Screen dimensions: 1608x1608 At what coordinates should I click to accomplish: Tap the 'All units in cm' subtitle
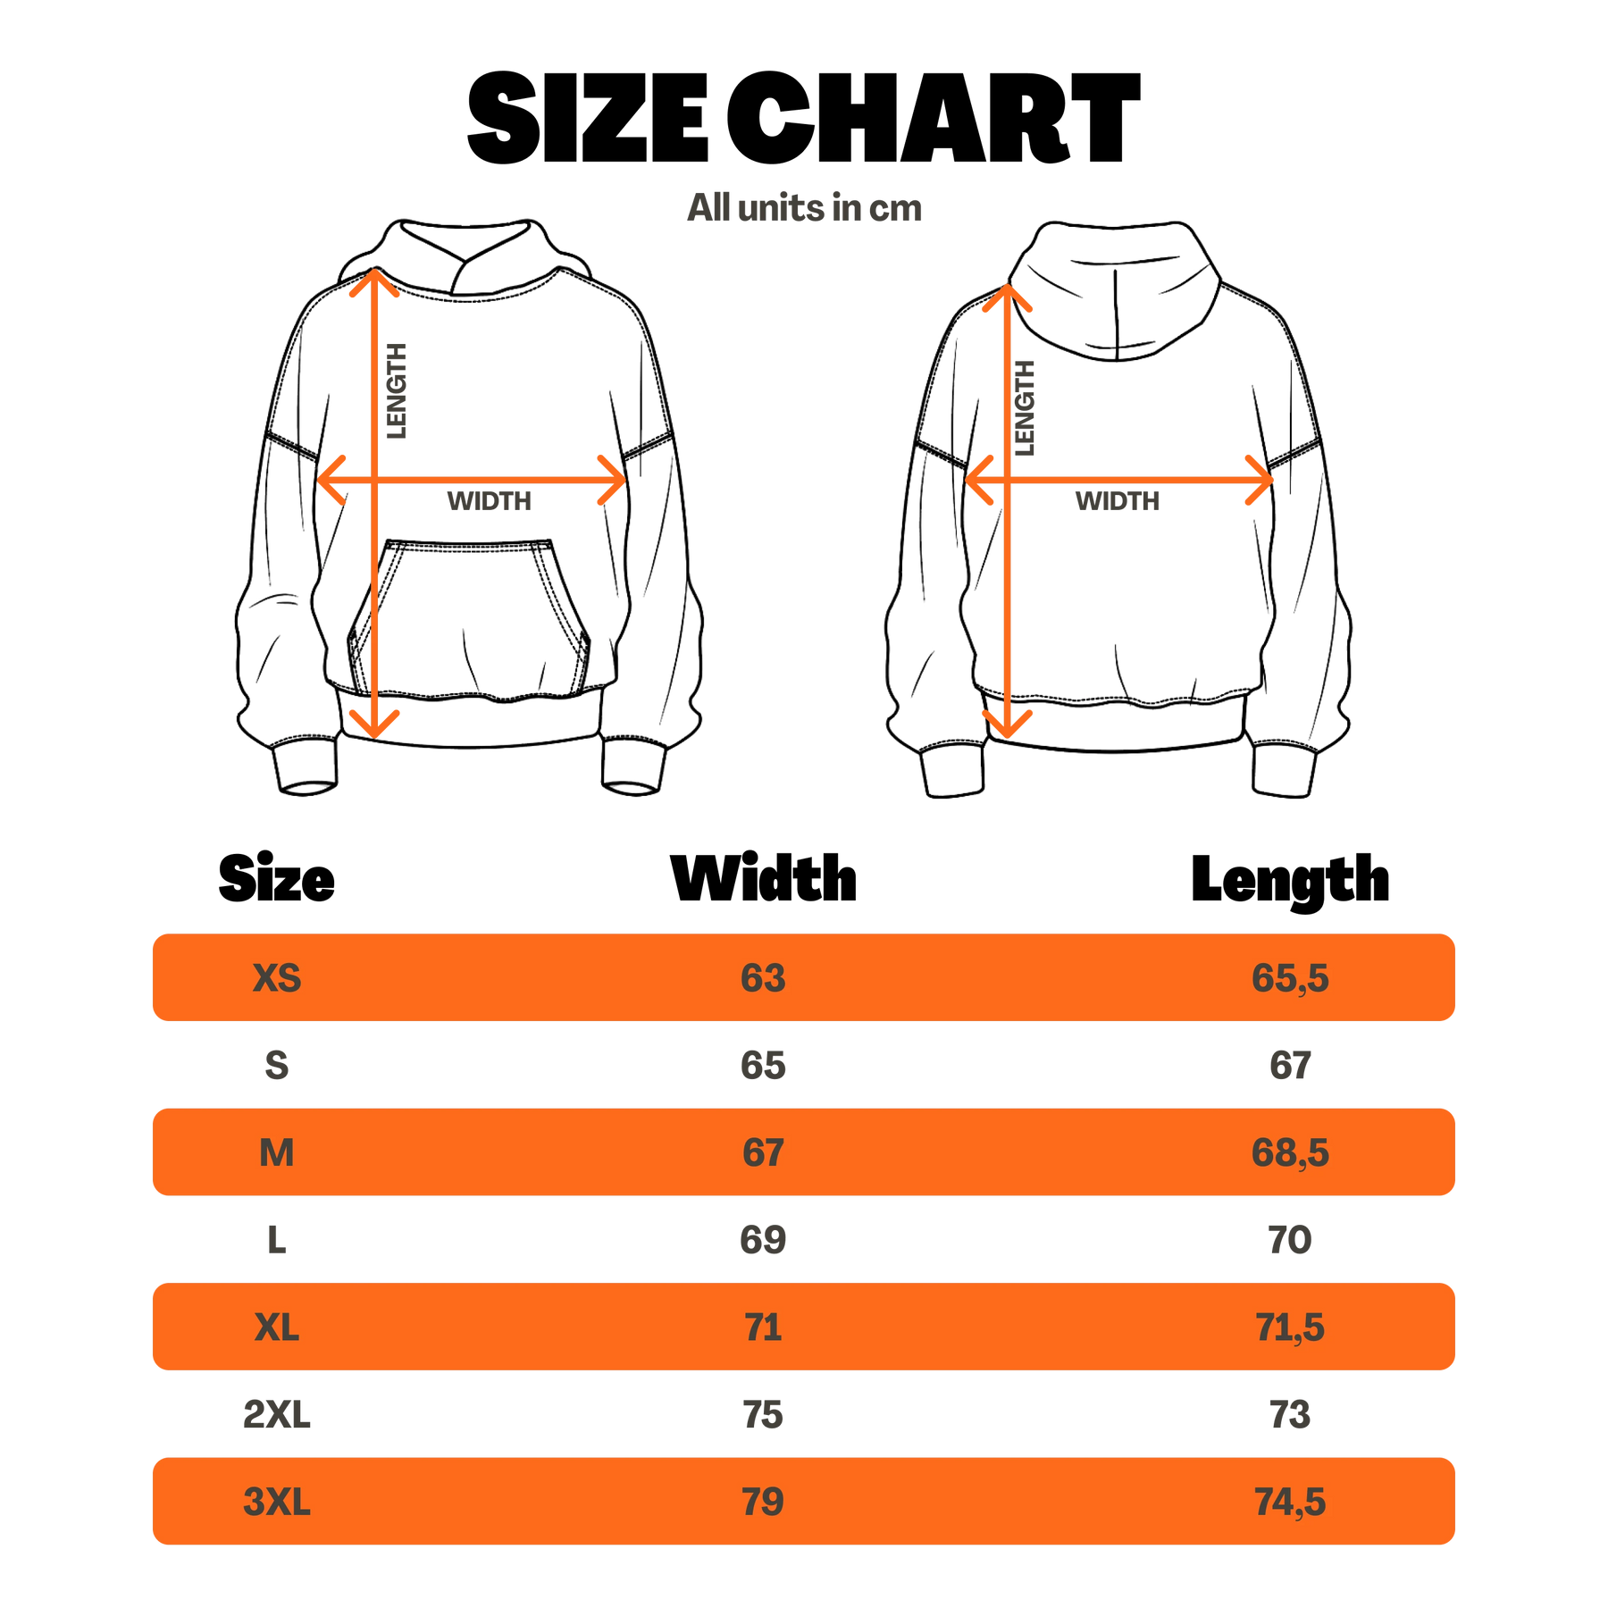804,208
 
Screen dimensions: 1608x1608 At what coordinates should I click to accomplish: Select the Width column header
764,879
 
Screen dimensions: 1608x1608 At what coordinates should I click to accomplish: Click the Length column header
1290,882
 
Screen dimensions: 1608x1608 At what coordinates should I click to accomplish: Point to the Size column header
277,879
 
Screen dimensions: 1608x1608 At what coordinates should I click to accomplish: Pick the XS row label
277,978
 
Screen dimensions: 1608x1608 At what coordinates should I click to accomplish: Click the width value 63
763,978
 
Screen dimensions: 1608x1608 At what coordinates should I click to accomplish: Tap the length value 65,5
1290,978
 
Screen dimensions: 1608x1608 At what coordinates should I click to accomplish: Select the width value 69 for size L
763,1240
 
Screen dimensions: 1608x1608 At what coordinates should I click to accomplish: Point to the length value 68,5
1290,1153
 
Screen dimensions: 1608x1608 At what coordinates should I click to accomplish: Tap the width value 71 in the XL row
763,1327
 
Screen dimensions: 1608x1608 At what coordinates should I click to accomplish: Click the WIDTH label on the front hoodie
490,501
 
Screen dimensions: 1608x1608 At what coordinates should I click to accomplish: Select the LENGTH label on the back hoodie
1026,407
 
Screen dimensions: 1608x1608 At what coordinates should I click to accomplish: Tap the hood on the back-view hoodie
1116,290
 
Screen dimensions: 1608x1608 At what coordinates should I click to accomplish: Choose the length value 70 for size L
1290,1240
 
